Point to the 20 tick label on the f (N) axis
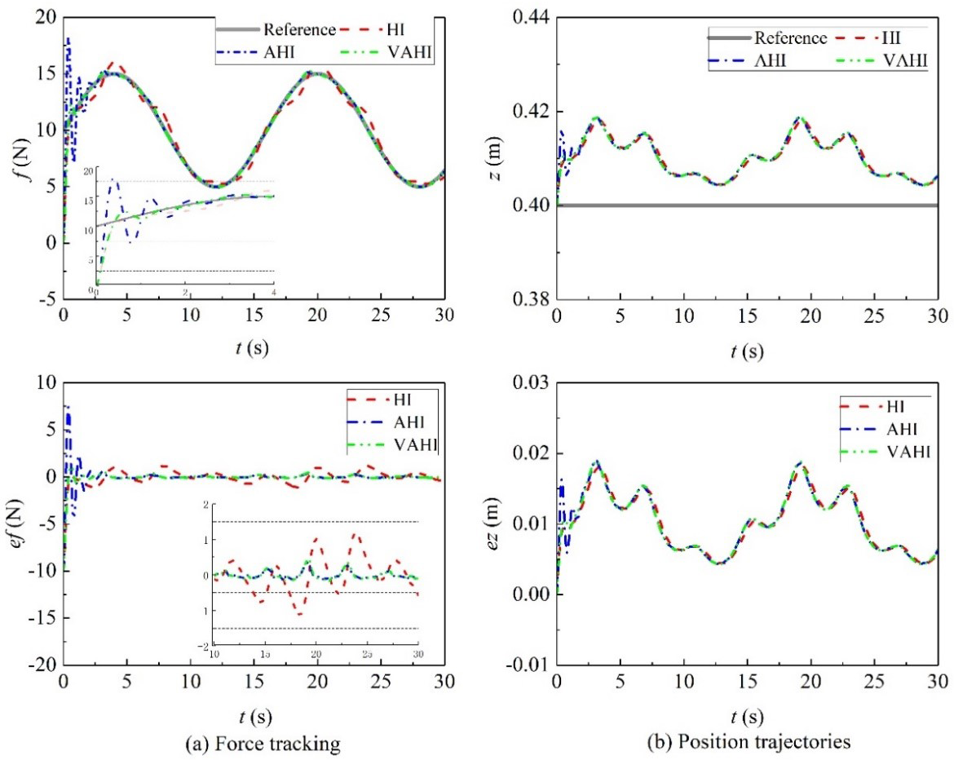46,17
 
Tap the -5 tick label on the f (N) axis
46,300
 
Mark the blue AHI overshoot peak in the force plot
68,38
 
